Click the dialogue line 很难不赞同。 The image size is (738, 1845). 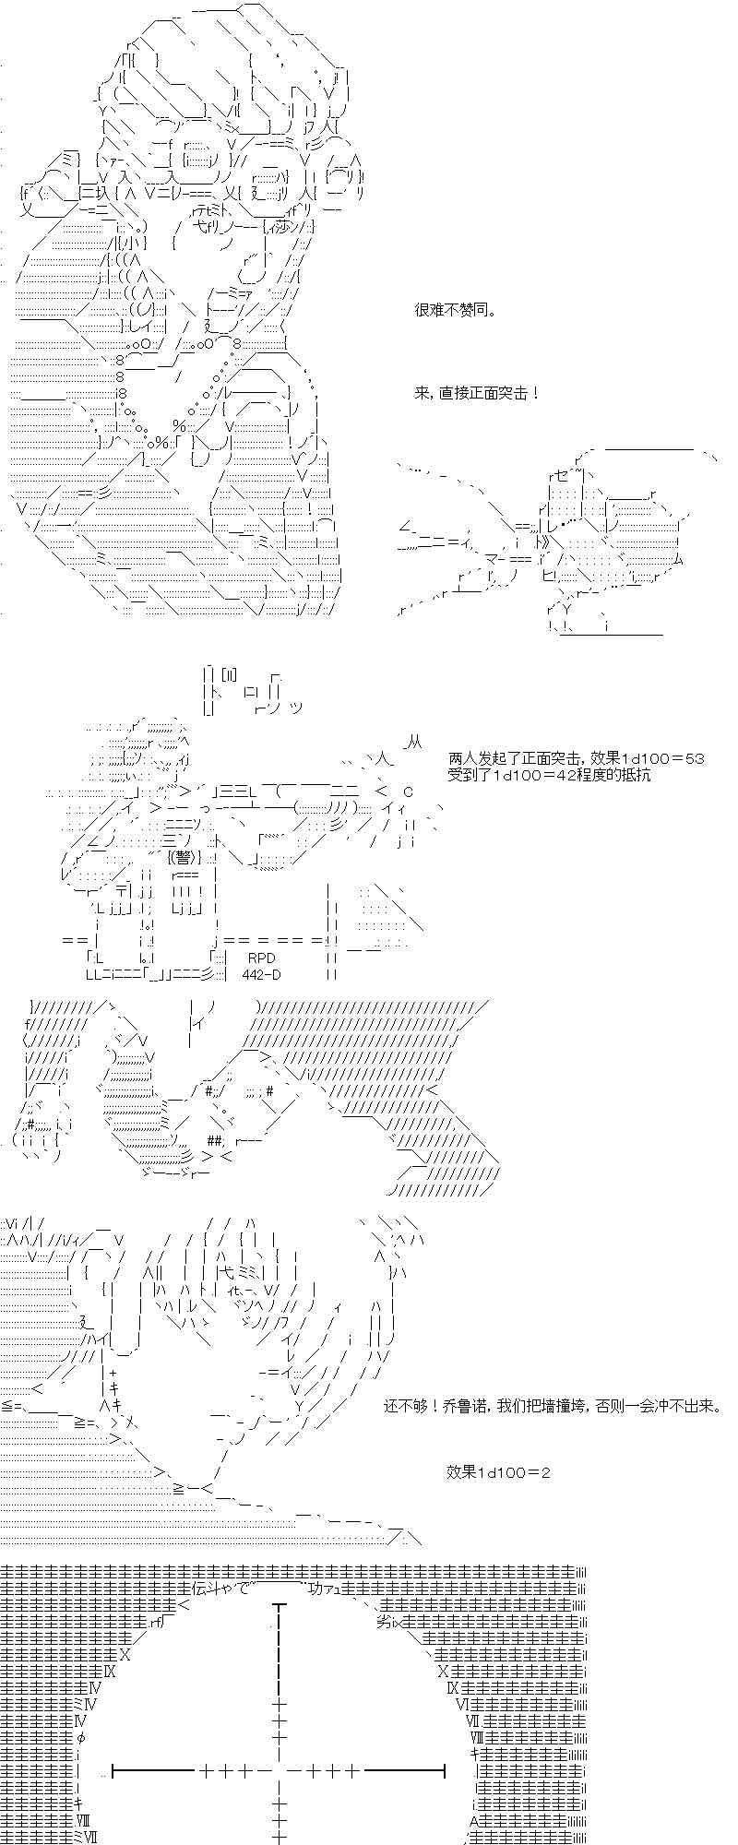coord(455,310)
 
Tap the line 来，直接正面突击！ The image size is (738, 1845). coord(477,393)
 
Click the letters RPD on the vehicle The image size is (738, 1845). coord(261,958)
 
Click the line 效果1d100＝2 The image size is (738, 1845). coord(498,1472)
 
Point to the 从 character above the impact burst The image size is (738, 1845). coord(413,742)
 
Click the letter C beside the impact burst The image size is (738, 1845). coord(408,792)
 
